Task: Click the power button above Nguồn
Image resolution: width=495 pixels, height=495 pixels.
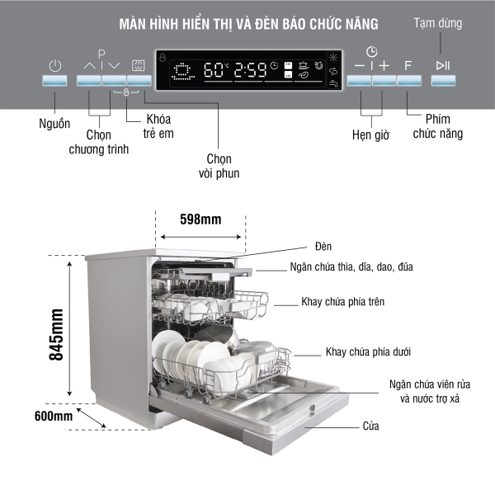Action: pos(55,81)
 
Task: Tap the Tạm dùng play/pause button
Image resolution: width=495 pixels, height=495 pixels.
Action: pos(443,81)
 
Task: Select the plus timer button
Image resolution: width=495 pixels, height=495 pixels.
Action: pos(384,81)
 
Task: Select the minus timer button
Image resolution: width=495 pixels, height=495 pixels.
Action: pos(359,81)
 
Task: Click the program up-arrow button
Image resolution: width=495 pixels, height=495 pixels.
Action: pos(89,81)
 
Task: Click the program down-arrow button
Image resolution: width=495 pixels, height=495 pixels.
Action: pos(115,81)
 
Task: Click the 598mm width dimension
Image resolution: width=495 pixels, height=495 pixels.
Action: pos(200,219)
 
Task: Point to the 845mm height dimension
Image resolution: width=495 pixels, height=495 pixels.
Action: pos(56,335)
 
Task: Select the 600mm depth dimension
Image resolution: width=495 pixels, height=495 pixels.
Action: pos(52,416)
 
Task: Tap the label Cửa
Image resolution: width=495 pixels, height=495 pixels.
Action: pos(370,427)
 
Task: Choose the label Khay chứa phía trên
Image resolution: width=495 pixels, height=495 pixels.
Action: pos(342,302)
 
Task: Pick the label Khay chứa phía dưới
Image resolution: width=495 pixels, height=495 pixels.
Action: pos(368,351)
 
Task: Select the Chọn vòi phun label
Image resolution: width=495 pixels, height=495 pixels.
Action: pos(219,165)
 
